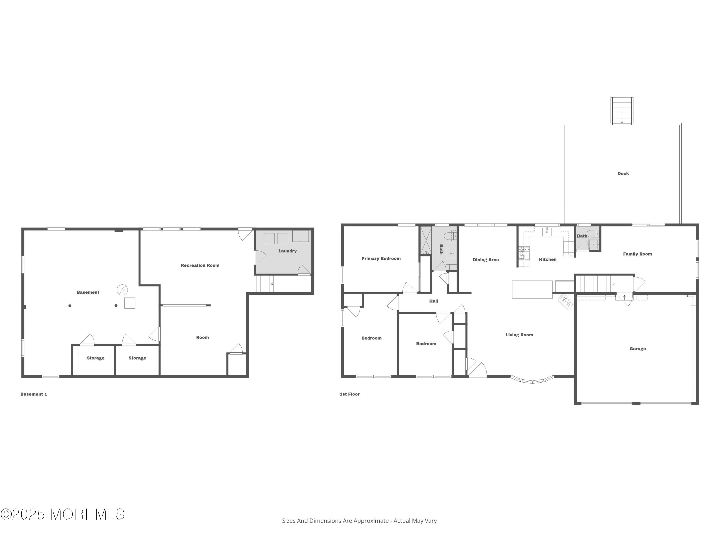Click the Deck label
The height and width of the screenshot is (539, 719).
point(623,173)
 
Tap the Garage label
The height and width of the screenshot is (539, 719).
point(638,349)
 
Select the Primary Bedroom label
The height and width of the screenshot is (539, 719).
point(381,259)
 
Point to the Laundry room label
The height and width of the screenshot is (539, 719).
point(287,251)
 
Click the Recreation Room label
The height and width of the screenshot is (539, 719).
point(200,265)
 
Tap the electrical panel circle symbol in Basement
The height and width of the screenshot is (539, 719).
point(122,290)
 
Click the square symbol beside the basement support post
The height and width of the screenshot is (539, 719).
point(130,303)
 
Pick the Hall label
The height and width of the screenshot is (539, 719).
point(434,301)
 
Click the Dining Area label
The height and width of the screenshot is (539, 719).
point(486,260)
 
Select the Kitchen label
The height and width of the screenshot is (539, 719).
point(547,259)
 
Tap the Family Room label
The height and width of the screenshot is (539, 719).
point(637,254)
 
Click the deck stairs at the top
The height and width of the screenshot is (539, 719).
point(621,110)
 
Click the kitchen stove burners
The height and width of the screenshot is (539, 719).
point(524,253)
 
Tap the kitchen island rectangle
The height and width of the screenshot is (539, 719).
point(532,289)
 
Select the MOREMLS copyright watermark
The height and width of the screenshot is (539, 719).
point(62,514)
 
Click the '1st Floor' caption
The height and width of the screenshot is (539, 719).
point(349,394)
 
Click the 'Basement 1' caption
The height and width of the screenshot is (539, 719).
point(34,394)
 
